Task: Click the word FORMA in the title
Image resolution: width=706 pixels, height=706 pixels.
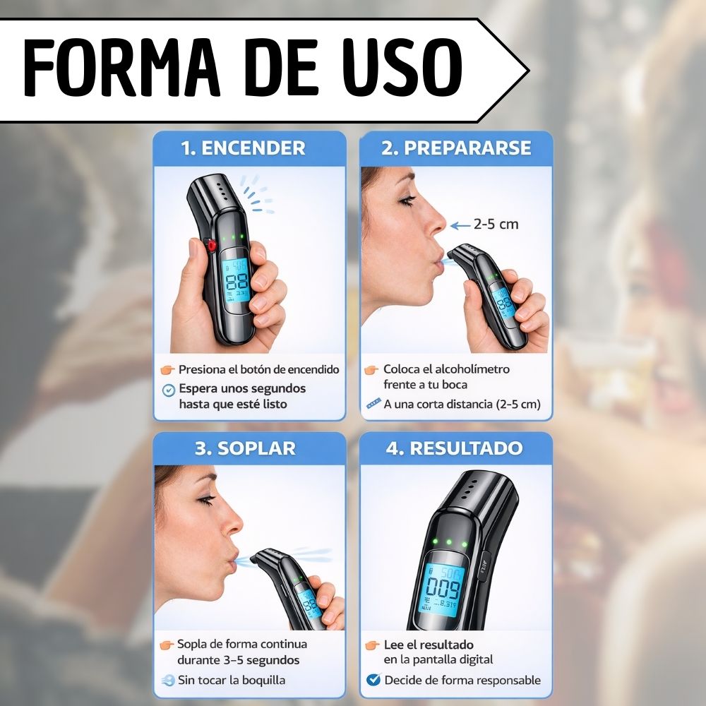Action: pos(121,68)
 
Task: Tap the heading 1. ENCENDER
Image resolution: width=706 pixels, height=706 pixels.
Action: pos(243,148)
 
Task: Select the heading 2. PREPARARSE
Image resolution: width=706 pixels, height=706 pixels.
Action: pos(456,148)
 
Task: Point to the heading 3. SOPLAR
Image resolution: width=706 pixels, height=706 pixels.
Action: pos(245,448)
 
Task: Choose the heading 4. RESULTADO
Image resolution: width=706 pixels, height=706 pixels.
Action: pos(454,448)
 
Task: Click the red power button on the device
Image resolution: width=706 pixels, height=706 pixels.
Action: pos(210,246)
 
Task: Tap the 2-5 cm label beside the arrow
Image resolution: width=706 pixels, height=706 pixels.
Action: pos(496,224)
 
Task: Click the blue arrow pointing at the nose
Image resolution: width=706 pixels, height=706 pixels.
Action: pos(460,225)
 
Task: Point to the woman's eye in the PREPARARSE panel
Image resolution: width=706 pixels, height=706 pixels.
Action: pos(407,200)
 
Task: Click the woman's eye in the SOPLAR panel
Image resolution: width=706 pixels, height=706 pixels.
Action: pos(207,500)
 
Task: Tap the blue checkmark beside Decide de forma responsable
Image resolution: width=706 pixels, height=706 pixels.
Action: pos(373,679)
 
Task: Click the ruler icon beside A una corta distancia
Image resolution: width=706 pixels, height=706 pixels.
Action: pos(373,403)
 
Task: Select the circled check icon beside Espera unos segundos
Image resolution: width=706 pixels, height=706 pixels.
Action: pos(169,390)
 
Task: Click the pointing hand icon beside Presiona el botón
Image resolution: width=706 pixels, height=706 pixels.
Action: pos(167,370)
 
